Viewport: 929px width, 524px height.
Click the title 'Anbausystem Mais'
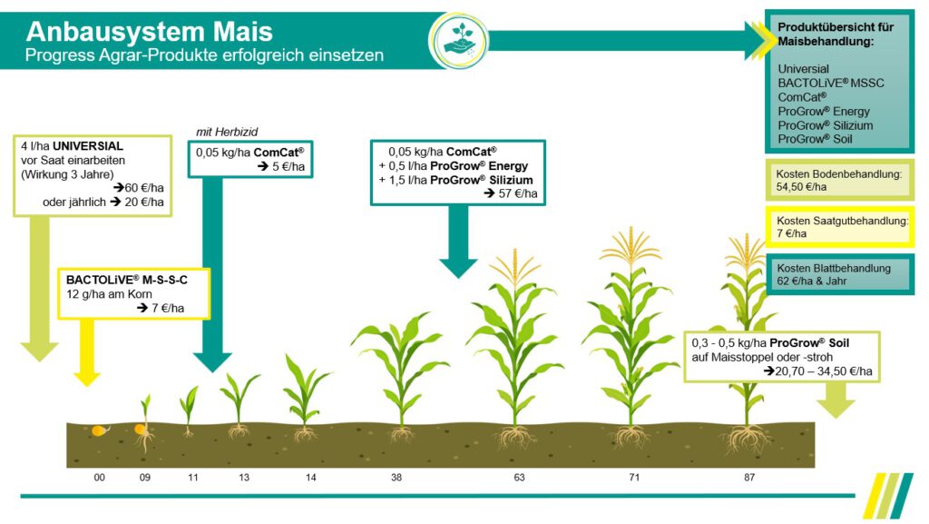click(x=150, y=32)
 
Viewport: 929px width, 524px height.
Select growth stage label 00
click(x=100, y=476)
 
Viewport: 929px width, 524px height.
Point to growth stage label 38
click(x=396, y=476)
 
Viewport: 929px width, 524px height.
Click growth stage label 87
click(x=748, y=476)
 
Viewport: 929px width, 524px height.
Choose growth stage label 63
click(x=519, y=476)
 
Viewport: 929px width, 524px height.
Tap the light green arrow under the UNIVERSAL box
click(x=37, y=300)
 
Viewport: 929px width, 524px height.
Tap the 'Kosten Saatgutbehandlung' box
click(x=840, y=227)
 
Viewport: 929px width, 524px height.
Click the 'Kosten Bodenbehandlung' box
click(x=840, y=179)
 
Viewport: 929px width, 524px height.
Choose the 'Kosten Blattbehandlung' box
click(x=840, y=274)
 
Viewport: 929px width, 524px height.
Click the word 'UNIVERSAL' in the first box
click(x=88, y=146)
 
